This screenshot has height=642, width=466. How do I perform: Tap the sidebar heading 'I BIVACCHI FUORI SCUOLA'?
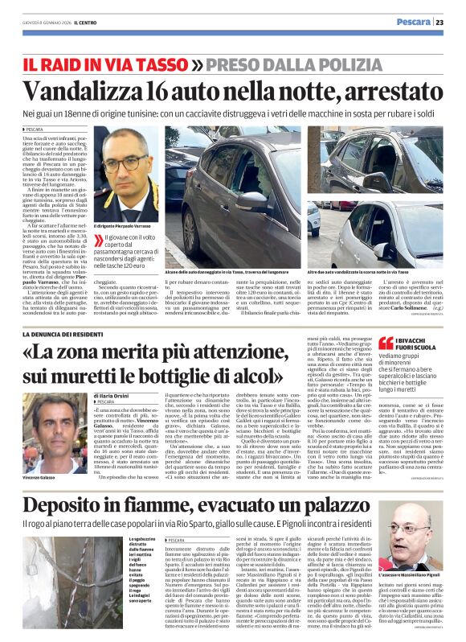pos(412,346)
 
